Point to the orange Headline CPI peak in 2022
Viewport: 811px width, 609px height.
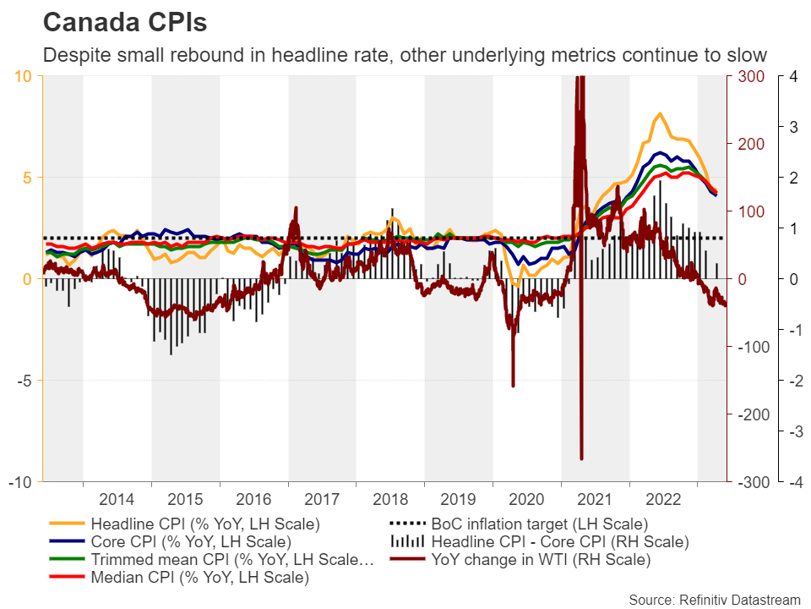click(660, 114)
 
